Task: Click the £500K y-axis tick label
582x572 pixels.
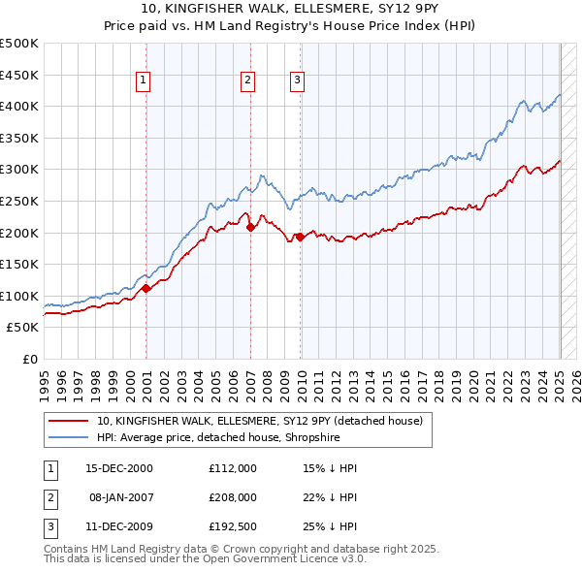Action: (x=19, y=44)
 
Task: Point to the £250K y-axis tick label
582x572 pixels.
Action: (x=19, y=201)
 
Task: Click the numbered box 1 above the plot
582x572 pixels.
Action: (x=143, y=81)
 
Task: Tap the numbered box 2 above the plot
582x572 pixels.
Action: (x=248, y=81)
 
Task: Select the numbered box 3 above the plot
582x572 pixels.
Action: (x=297, y=81)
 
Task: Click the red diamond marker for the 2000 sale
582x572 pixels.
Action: (x=146, y=288)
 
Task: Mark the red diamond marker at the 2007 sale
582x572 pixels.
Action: (x=250, y=228)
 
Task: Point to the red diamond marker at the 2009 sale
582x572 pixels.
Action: (x=301, y=237)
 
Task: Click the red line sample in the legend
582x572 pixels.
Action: (x=68, y=422)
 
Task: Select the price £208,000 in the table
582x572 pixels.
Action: (x=233, y=497)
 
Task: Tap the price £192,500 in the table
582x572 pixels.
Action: (x=233, y=526)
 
